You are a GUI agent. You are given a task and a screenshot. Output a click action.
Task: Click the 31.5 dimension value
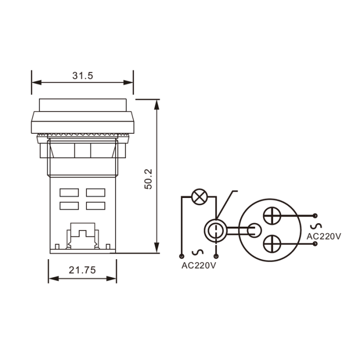tap(83, 76)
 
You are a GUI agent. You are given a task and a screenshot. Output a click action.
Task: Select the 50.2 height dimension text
tap(148, 179)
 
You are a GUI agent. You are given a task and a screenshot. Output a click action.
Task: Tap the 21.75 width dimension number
tap(82, 270)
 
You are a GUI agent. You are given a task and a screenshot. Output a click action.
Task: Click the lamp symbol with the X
tap(200, 197)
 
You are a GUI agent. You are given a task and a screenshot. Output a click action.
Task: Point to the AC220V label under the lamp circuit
tap(199, 265)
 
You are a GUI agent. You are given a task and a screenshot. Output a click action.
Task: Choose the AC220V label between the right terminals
tap(324, 236)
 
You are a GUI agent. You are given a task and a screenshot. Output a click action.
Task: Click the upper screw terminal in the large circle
tap(272, 216)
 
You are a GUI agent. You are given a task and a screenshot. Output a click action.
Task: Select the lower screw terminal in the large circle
tap(272, 244)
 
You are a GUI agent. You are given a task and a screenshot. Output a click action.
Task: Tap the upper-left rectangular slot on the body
tap(69, 193)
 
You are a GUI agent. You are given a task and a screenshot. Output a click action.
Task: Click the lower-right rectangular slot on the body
tap(96, 206)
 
